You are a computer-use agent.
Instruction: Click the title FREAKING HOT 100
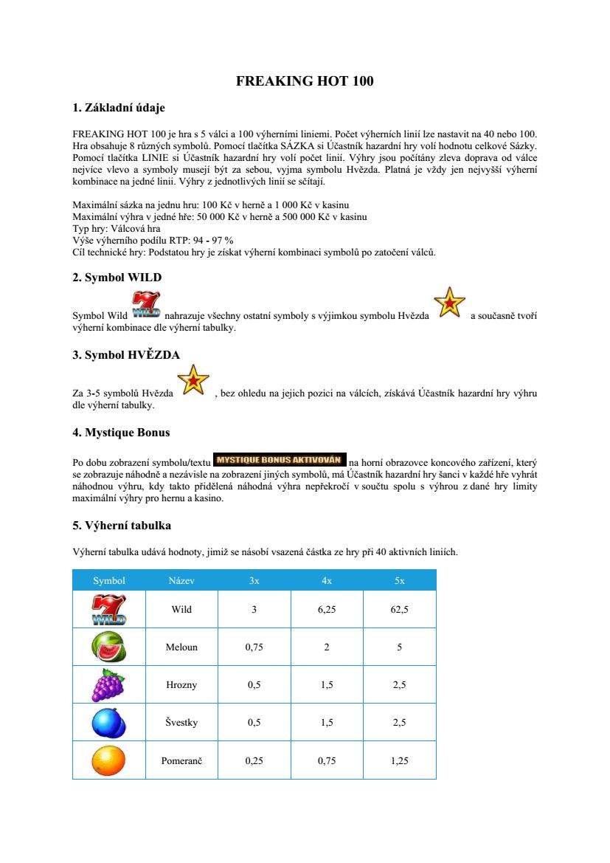[305, 81]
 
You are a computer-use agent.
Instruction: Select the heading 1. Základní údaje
[118, 108]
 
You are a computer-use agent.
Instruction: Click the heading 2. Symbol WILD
[117, 278]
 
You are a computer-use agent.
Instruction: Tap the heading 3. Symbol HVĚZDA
[126, 355]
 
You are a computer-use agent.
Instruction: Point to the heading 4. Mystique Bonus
[121, 432]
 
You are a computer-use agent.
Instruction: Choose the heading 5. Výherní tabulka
[122, 526]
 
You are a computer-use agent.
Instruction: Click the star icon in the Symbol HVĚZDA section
[193, 380]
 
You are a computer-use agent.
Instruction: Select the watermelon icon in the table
[108, 647]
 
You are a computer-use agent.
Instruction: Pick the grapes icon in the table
[108, 684]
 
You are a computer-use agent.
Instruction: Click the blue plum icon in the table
[108, 722]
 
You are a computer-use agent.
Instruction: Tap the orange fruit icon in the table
[108, 760]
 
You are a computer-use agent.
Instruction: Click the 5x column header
[399, 580]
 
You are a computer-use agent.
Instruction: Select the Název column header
[181, 580]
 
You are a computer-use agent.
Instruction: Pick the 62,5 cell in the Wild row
[399, 610]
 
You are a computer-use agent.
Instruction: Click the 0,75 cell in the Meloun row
[254, 647]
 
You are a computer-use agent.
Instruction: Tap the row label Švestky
[181, 723]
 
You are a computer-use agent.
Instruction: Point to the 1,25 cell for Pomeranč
[399, 760]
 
